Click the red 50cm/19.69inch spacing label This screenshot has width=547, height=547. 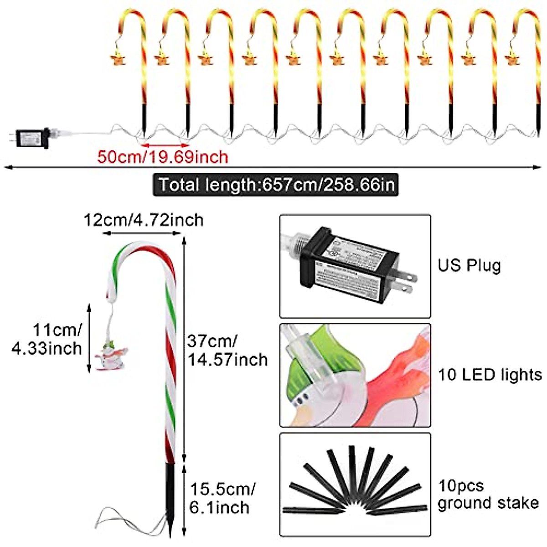[x=162, y=157]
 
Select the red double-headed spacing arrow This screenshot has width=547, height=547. [x=165, y=144]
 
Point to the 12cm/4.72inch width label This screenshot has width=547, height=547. [x=143, y=220]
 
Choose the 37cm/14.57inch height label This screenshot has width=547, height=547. [x=227, y=350]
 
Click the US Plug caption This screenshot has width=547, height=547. [x=469, y=265]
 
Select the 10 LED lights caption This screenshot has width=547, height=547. [x=490, y=375]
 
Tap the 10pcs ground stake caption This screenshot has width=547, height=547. [x=488, y=495]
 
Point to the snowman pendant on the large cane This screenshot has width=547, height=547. [x=113, y=358]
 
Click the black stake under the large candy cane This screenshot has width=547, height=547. [x=170, y=497]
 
